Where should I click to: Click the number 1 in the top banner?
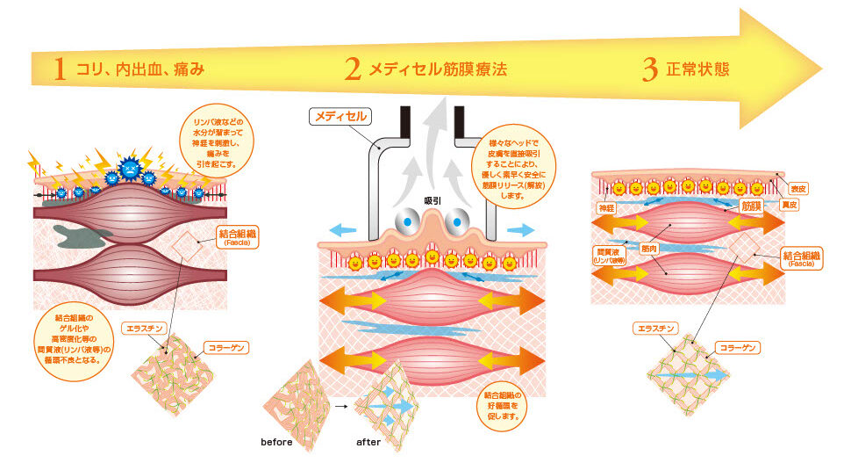(60, 69)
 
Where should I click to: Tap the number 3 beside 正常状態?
(649, 69)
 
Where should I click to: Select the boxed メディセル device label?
(340, 115)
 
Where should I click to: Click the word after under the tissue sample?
(368, 442)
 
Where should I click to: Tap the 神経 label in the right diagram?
(607, 207)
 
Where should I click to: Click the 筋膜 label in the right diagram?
(751, 206)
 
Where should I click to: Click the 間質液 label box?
(609, 254)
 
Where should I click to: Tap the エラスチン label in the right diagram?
(654, 329)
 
